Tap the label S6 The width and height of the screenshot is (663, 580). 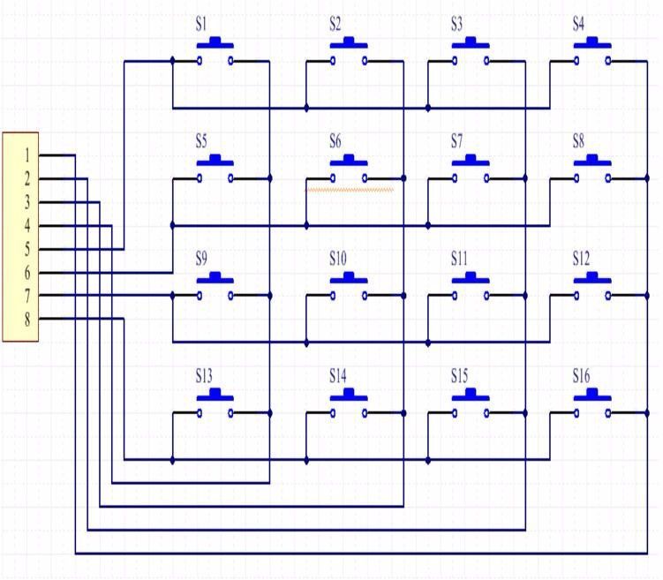coord(335,140)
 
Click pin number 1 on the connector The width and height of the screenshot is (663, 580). coord(27,155)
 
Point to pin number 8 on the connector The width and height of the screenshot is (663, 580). coord(27,319)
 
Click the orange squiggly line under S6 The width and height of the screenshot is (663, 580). coord(350,189)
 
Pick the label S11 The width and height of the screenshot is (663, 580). coord(459,259)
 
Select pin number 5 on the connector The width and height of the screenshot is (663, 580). coord(27,249)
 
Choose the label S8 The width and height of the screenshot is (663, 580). coord(578,140)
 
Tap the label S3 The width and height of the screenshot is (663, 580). coord(456,24)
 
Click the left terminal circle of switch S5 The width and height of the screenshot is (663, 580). coord(200,178)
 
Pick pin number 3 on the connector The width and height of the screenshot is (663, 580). coord(27,202)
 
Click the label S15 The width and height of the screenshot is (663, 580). coord(459,376)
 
